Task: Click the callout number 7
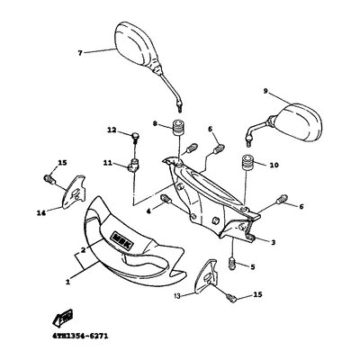tap(80, 53)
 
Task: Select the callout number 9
tap(265, 91)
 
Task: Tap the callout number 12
tap(112, 130)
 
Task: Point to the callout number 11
tap(108, 163)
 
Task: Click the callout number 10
tap(274, 165)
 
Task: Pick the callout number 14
tap(41, 213)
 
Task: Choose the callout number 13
tap(177, 296)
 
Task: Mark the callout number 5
tap(253, 266)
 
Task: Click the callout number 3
tap(273, 243)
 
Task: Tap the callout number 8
tap(155, 123)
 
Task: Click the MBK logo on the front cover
tap(122, 240)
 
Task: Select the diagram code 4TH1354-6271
tap(78, 336)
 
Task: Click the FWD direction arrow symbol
tap(62, 318)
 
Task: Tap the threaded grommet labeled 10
tap(247, 163)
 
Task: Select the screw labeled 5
tap(233, 263)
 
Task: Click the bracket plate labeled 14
tap(74, 191)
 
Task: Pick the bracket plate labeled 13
tap(206, 276)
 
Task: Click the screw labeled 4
tap(166, 199)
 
